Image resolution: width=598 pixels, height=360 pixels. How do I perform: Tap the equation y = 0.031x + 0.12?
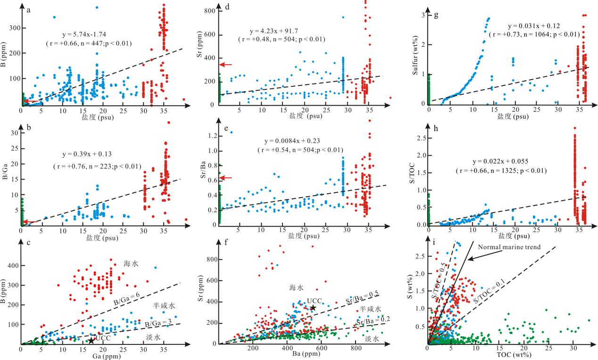(532, 25)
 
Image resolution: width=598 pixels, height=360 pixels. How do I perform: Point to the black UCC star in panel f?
(313, 308)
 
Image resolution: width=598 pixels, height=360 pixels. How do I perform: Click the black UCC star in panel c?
(91, 340)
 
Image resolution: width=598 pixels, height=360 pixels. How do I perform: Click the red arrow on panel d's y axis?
(226, 65)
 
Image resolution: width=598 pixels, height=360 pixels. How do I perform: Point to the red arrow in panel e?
(226, 177)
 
